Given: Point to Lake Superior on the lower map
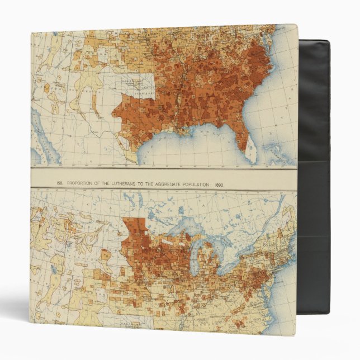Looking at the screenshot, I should point(179,221).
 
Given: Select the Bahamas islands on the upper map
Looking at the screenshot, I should point(274,150).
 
